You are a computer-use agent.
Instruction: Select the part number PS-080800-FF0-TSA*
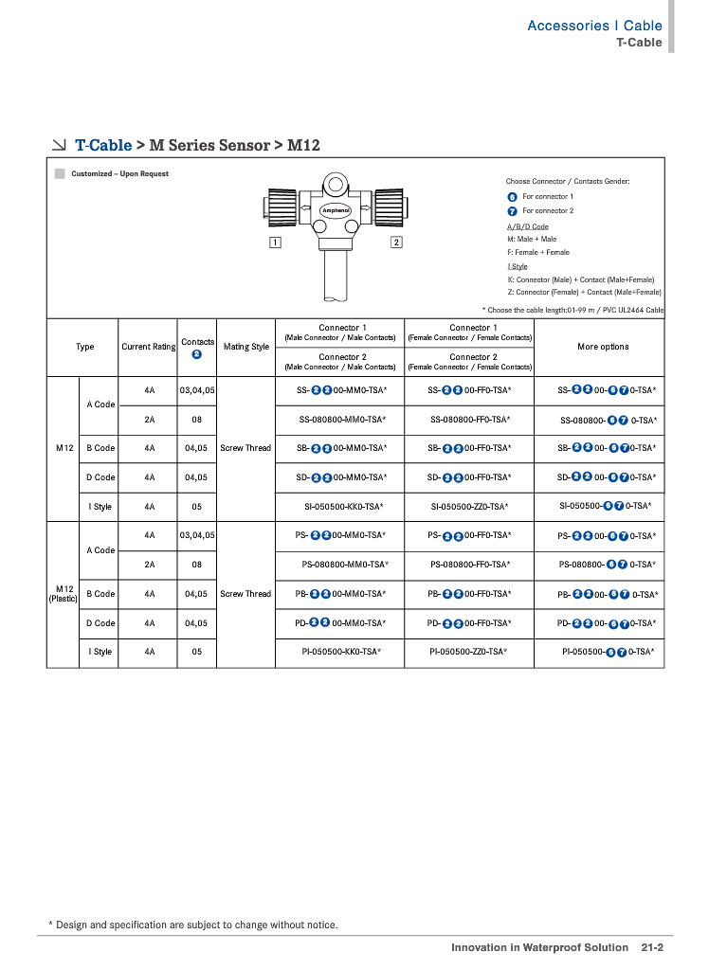point(470,565)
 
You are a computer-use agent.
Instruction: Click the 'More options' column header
point(603,347)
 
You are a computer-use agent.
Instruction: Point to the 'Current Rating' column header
point(149,347)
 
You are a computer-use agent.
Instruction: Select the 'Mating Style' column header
point(246,347)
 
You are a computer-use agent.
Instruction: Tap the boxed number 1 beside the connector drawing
point(274,243)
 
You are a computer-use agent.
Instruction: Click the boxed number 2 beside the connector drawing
point(396,243)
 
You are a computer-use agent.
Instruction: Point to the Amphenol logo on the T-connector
point(336,209)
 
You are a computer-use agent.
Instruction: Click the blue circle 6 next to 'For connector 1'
point(513,196)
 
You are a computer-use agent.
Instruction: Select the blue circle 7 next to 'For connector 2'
point(513,210)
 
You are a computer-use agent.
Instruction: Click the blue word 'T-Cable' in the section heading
point(103,145)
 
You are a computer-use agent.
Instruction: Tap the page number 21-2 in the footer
point(651,947)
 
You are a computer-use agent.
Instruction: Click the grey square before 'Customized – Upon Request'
point(60,174)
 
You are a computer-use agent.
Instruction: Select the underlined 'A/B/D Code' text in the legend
point(528,226)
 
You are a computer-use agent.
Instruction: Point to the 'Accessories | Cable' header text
point(594,26)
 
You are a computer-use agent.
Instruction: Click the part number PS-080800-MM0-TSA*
point(345,565)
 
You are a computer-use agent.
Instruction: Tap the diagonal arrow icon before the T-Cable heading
point(59,145)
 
